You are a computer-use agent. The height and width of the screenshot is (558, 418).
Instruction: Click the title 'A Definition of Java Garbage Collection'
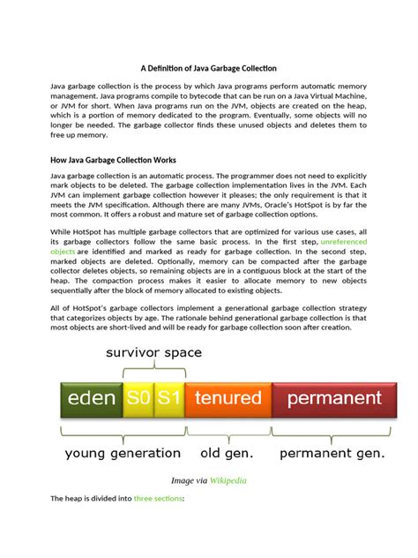208,68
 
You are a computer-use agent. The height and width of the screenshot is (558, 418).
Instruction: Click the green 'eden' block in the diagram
91,398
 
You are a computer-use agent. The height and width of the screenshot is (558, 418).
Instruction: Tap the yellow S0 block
138,398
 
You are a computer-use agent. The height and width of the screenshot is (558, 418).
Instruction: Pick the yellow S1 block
168,398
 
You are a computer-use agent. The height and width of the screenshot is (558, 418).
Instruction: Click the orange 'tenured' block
228,398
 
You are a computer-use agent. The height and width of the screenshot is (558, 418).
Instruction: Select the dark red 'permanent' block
332,398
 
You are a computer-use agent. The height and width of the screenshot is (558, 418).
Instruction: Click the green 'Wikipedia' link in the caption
228,481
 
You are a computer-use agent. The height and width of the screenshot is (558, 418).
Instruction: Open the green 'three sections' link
158,499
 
